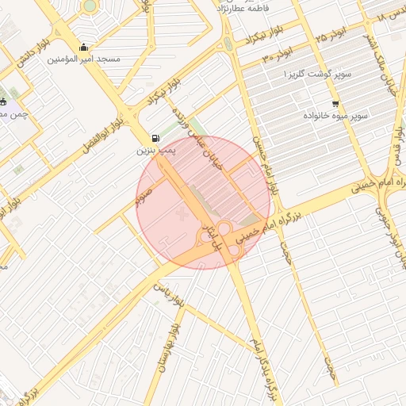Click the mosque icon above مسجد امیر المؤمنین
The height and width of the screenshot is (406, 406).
click(83, 47)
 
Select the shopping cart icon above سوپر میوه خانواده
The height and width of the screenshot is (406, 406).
click(335, 104)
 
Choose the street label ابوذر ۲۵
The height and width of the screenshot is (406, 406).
click(331, 37)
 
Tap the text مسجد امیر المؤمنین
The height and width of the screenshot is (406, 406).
click(83, 59)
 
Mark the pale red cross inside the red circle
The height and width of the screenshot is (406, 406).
click(185, 214)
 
